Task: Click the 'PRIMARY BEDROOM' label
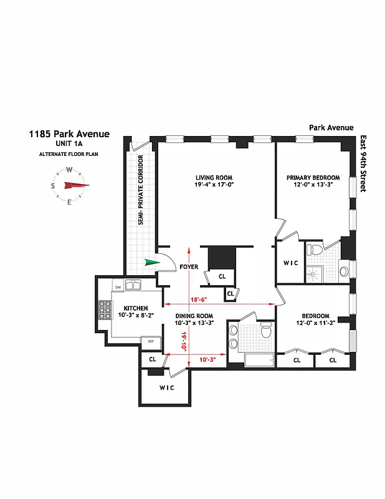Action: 313,177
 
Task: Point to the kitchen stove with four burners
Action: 104,310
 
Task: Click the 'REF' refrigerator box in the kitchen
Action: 150,341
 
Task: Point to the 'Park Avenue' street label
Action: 331,128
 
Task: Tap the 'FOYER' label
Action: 189,267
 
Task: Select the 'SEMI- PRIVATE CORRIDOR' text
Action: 141,198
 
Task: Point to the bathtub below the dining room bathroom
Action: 257,360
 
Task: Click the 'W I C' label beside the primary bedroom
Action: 290,263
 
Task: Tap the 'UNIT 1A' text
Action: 69,144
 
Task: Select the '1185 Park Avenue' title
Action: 69,133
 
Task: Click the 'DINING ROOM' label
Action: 194,316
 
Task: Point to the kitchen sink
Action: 133,286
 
